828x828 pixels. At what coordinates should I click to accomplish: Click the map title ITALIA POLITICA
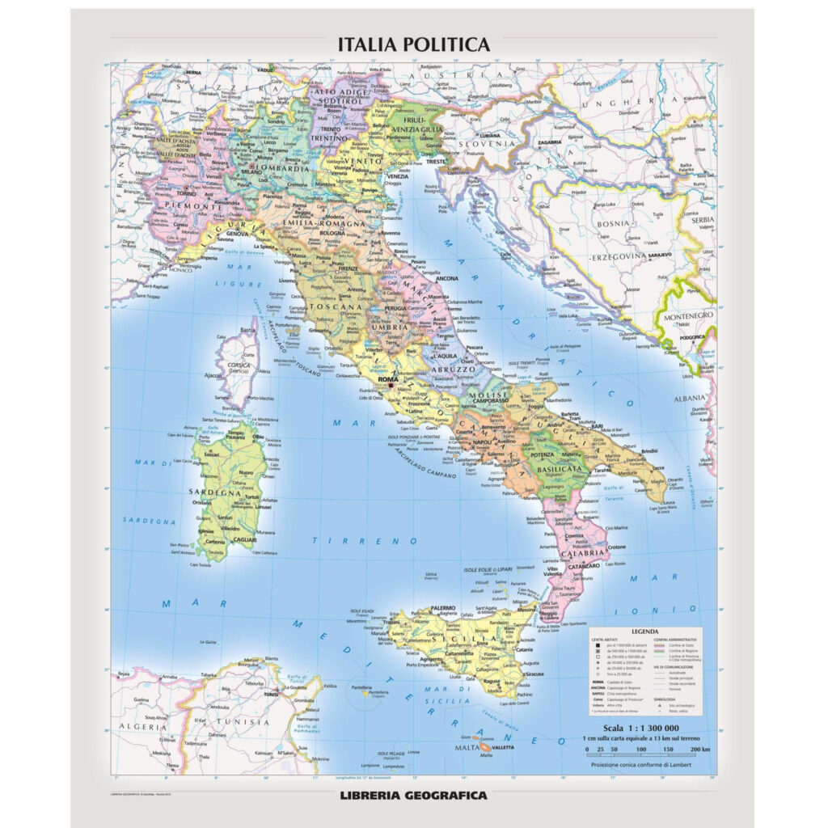[413, 44]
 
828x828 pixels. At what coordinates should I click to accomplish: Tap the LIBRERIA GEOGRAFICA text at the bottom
[413, 795]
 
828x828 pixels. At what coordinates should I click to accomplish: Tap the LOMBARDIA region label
[281, 170]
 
